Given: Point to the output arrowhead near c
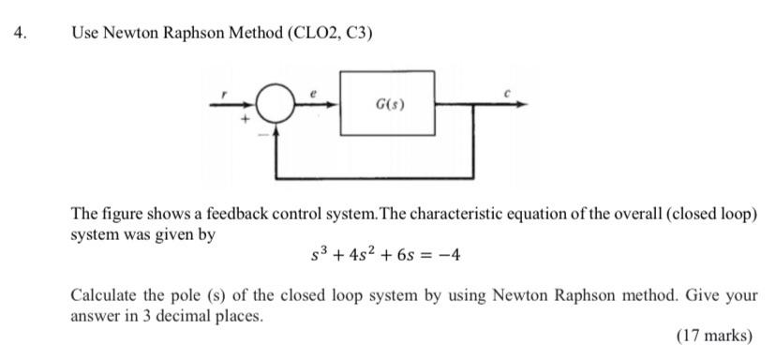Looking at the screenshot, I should pyautogui.click(x=521, y=105).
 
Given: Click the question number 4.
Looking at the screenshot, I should pyautogui.click(x=21, y=33).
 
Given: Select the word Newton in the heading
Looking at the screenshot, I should pyautogui.click(x=129, y=33).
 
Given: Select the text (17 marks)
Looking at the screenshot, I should pyautogui.click(x=713, y=335).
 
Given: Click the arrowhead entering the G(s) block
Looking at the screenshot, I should pyautogui.click(x=336, y=105).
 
